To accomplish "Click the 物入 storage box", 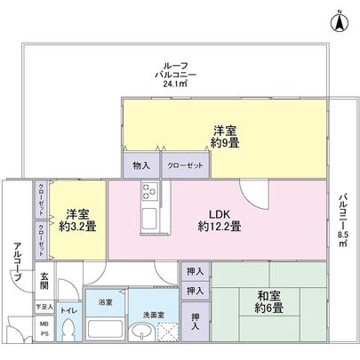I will click(140, 165).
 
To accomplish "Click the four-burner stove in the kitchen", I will click(148, 190).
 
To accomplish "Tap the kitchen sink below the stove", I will click(148, 220).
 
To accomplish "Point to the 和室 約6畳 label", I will click(268, 302).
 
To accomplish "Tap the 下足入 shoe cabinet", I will click(43, 307).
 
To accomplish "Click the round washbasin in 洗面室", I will click(140, 332).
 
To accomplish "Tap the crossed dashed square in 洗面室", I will click(166, 331).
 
